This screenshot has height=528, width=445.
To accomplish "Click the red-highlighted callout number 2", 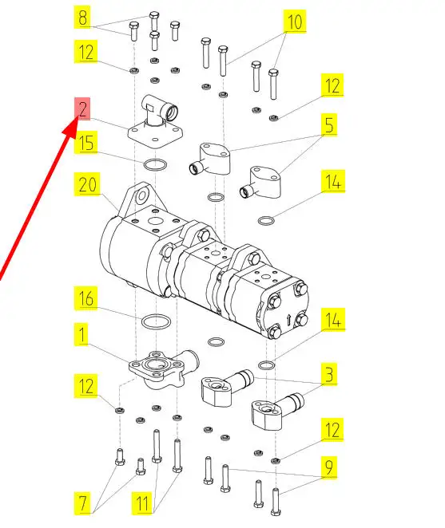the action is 82,108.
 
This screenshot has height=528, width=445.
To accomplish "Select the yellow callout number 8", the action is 82,18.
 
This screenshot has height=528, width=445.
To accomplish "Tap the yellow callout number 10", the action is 295,22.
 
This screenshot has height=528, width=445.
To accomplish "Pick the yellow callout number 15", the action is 85,142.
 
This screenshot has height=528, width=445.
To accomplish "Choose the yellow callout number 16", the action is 86,298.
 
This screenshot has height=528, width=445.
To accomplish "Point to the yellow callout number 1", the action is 81,335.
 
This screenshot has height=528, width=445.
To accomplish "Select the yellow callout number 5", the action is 329,125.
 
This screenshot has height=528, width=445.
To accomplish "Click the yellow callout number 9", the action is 329,467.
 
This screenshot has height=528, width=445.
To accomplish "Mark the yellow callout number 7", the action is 82,503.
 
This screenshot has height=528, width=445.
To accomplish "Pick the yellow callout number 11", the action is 142,503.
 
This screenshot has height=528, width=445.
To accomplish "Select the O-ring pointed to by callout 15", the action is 155,165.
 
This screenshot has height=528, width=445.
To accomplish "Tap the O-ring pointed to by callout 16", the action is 156,321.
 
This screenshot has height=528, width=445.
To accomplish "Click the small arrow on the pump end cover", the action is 288,320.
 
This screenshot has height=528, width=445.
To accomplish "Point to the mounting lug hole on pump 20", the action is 142,196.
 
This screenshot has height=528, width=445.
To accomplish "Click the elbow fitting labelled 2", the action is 156,120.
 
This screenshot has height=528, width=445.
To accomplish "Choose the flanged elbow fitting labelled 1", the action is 164,369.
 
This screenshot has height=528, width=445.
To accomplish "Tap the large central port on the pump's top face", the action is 156,221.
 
